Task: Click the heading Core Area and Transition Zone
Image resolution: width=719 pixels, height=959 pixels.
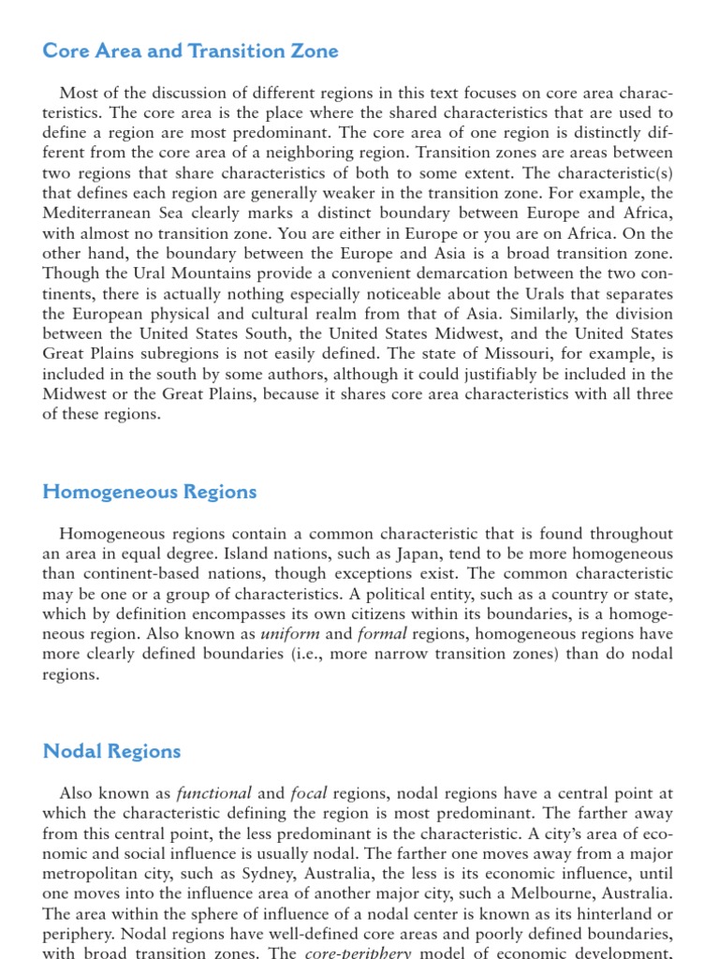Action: point(190,52)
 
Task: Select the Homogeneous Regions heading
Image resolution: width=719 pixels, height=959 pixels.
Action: point(150,492)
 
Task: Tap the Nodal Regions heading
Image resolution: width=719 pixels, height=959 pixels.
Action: point(111,751)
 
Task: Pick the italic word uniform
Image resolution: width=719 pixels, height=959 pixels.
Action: point(289,634)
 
